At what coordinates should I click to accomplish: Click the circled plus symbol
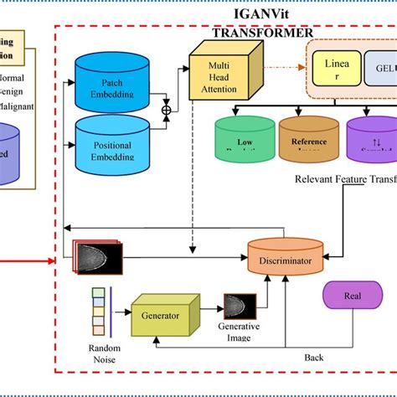tap(165, 108)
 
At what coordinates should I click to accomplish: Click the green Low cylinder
tap(244, 137)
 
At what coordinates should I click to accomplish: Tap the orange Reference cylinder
tap(309, 137)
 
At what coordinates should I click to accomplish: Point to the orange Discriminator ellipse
tap(286, 260)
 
